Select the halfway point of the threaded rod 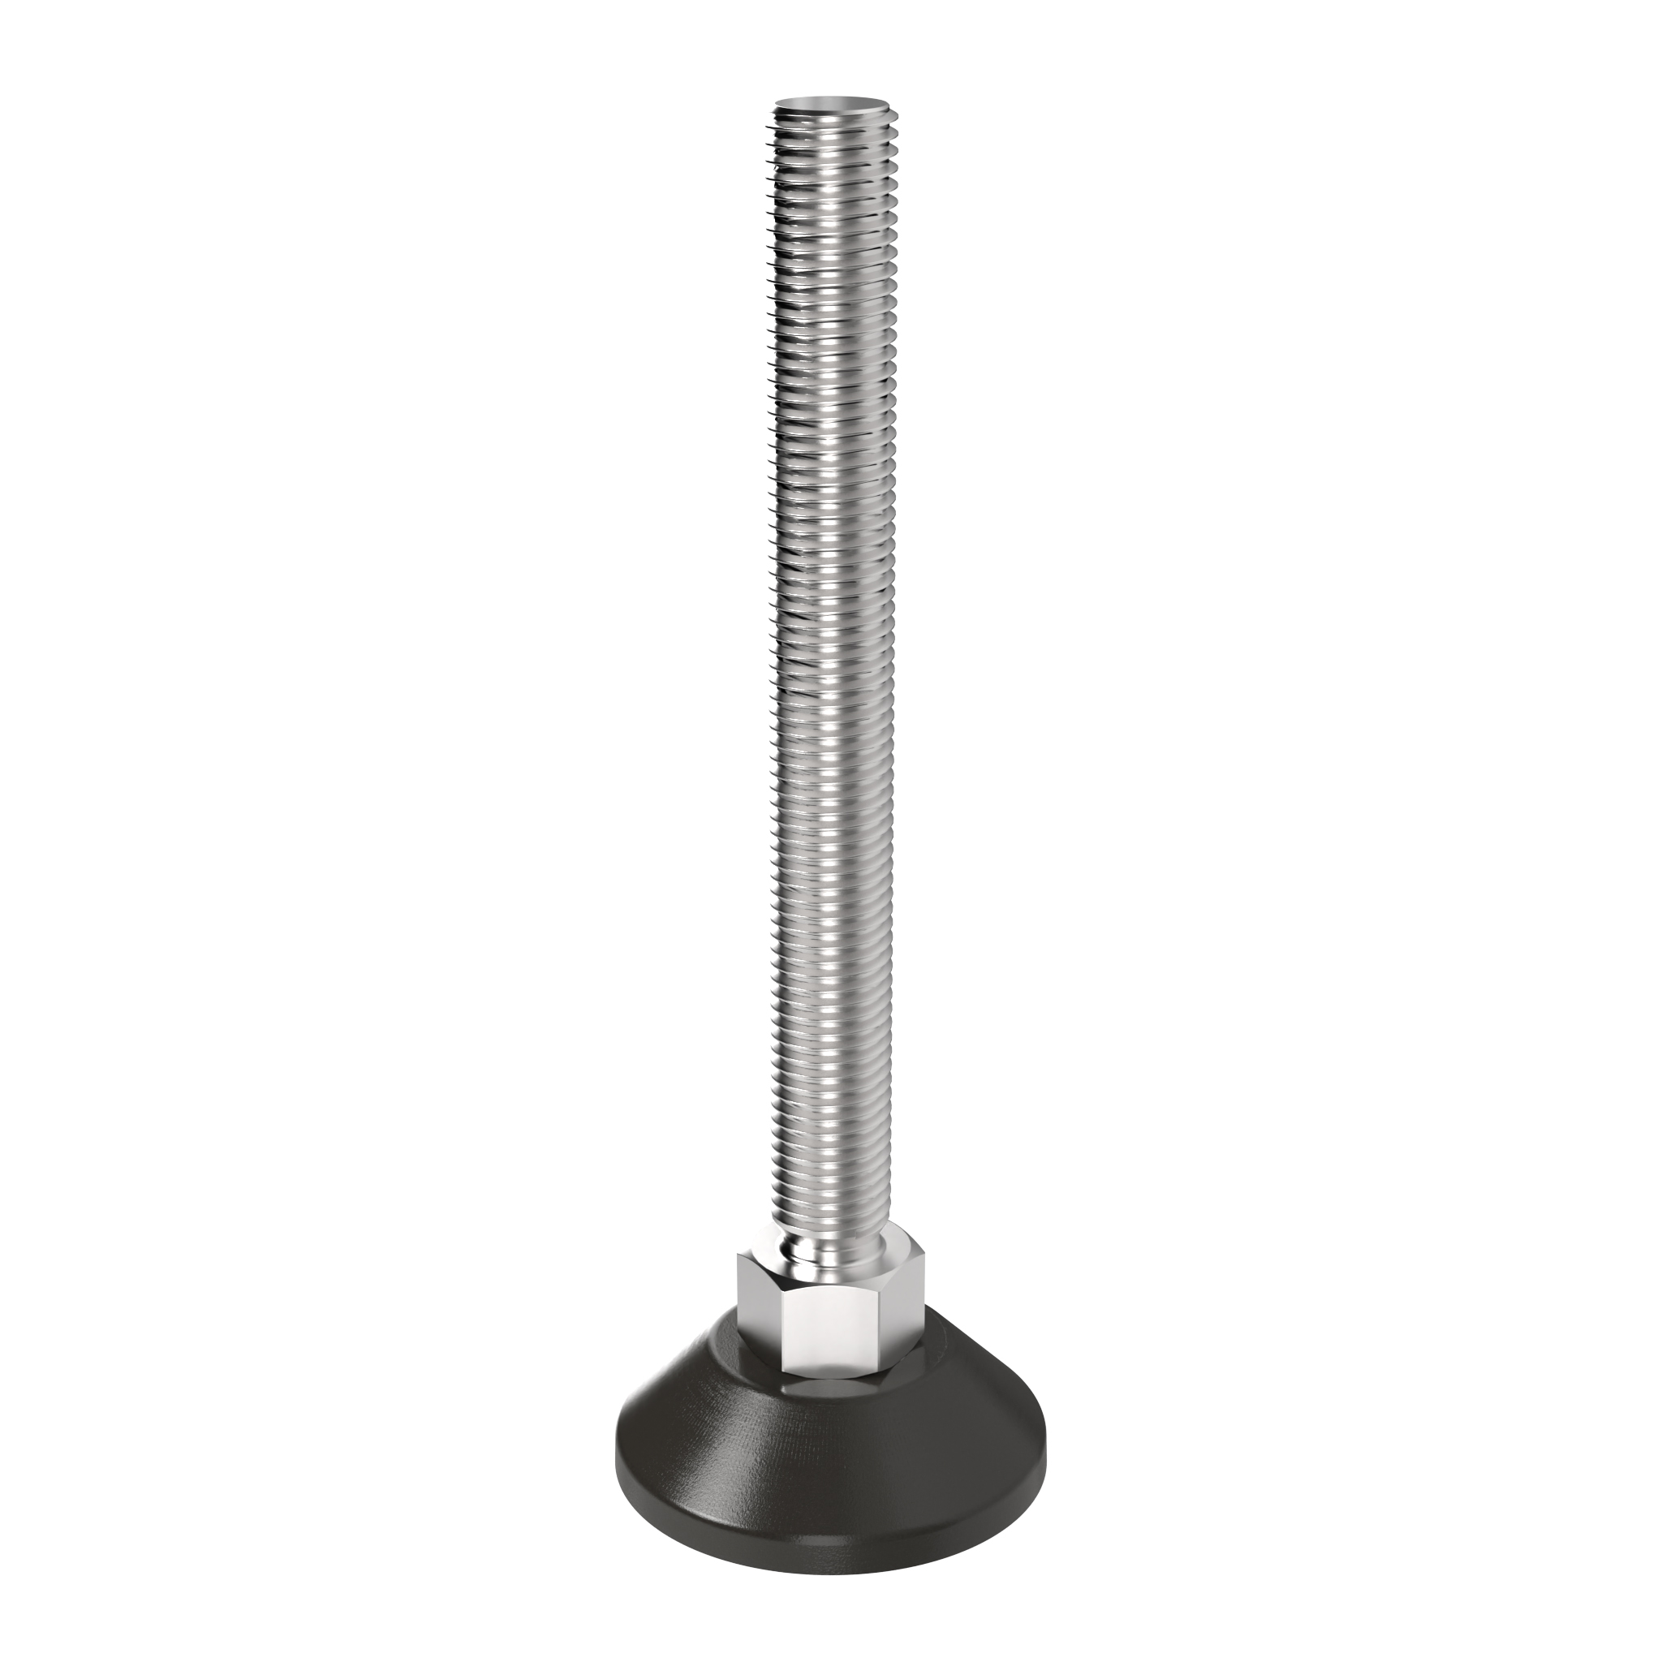(x=831, y=679)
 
